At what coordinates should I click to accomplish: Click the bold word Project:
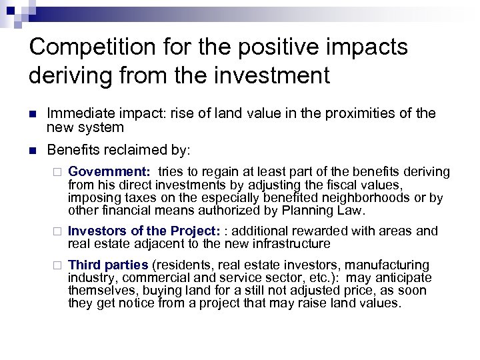tap(194, 231)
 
